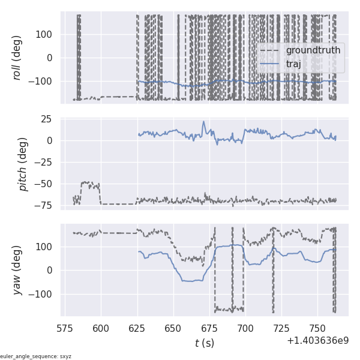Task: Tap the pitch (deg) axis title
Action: point(24,164)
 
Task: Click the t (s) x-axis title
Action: point(205,343)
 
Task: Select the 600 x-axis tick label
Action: point(101,329)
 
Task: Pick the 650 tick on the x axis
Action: point(173,329)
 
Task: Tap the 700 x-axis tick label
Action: point(245,329)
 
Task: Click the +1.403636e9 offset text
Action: point(317,340)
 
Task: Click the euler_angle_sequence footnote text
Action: point(36,356)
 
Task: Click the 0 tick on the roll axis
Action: point(50,58)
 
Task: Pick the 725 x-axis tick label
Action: point(281,329)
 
